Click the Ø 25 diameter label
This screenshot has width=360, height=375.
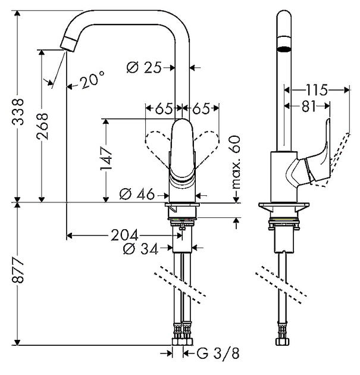(x=145, y=67)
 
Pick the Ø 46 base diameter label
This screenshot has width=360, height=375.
(x=137, y=193)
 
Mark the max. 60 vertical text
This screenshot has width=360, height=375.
(x=236, y=162)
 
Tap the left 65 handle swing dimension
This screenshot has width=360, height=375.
(x=164, y=109)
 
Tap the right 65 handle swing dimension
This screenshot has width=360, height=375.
(x=201, y=109)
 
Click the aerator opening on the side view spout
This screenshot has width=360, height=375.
(x=286, y=51)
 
